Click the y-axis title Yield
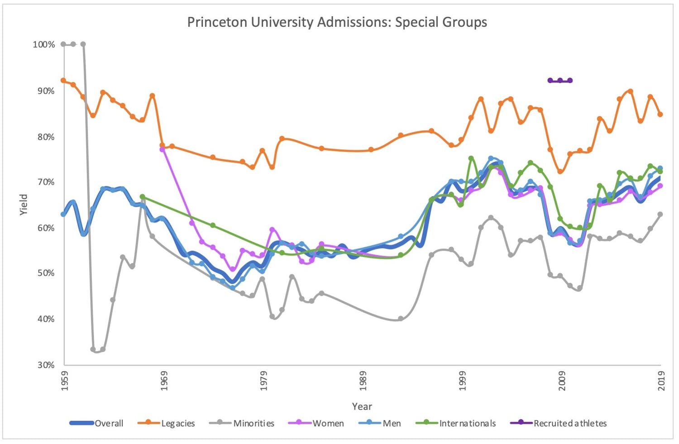24,205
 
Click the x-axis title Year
362,406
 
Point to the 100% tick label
43,44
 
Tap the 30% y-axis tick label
45,365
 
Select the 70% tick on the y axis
45,182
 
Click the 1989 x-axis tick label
363,381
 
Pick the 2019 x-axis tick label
661,381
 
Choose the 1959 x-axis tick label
64,381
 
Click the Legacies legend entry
178,423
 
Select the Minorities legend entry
253,423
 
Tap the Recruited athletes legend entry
569,423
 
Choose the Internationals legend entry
467,423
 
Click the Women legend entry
328,423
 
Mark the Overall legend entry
109,423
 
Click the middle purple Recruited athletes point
560,81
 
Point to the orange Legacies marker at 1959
63,80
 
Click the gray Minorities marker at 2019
660,214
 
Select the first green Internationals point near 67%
143,197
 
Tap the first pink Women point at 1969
162,149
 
